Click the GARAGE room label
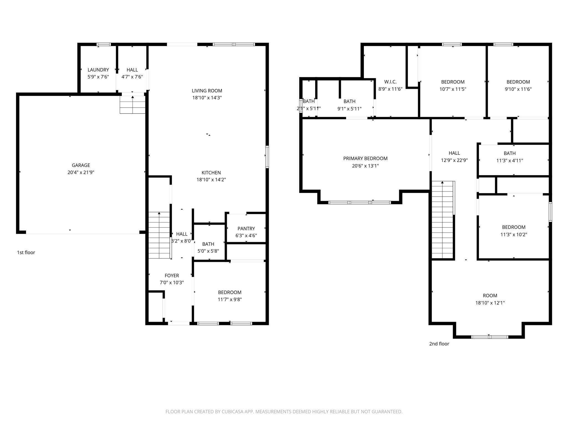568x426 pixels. pyautogui.click(x=81, y=165)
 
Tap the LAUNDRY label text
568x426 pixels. pyautogui.click(x=98, y=70)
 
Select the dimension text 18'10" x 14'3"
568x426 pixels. pyautogui.click(x=207, y=98)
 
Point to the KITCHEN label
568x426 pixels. pyautogui.click(x=211, y=173)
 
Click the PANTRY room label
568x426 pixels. pyautogui.click(x=246, y=229)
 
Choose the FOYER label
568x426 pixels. pyautogui.click(x=172, y=276)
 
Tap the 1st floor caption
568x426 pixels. pyautogui.click(x=26, y=252)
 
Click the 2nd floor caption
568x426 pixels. pyautogui.click(x=439, y=344)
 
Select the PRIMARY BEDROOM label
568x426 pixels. pyautogui.click(x=365, y=158)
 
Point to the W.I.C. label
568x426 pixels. pyautogui.click(x=390, y=82)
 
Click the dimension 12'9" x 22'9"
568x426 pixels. pyautogui.click(x=454, y=160)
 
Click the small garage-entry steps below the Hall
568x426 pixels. pyautogui.click(x=133, y=104)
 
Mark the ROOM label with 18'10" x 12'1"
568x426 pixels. pyautogui.click(x=490, y=296)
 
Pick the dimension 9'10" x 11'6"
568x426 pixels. pyautogui.click(x=518, y=89)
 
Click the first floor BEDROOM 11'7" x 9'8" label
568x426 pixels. pyautogui.click(x=230, y=292)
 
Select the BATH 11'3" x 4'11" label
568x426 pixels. pyautogui.click(x=509, y=153)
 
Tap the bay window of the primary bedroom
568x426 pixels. pyautogui.click(x=359, y=202)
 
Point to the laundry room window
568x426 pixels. pyautogui.click(x=104, y=44)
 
